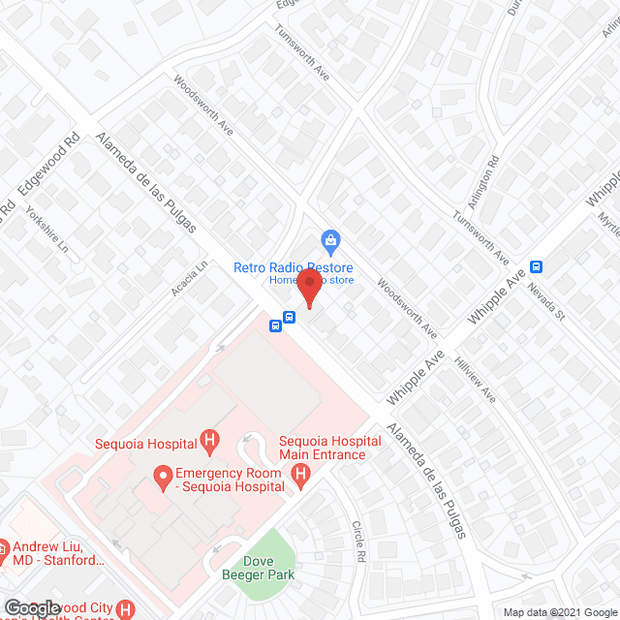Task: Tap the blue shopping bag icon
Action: [x=330, y=239]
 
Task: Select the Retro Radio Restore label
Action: [x=293, y=267]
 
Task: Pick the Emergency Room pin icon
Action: [x=161, y=475]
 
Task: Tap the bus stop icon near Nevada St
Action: [x=536, y=267]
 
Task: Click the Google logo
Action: [x=31, y=608]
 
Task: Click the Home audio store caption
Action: [x=312, y=281]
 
